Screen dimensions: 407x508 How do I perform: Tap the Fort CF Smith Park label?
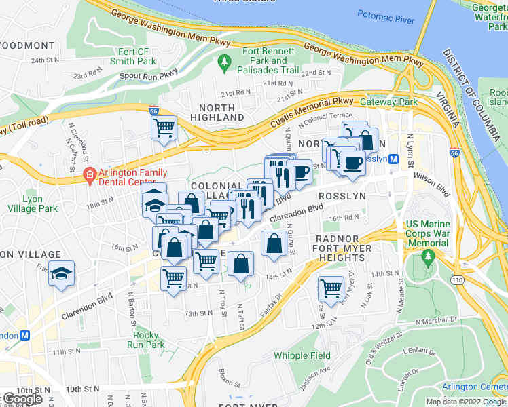click(x=137, y=56)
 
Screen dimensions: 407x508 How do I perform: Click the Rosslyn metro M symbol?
click(x=401, y=159)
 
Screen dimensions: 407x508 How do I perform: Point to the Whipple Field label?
click(x=302, y=355)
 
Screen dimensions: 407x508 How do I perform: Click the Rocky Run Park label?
click(x=145, y=340)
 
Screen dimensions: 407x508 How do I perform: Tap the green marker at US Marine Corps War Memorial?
click(x=427, y=257)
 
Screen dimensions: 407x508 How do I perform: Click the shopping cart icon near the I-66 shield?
click(x=164, y=127)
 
